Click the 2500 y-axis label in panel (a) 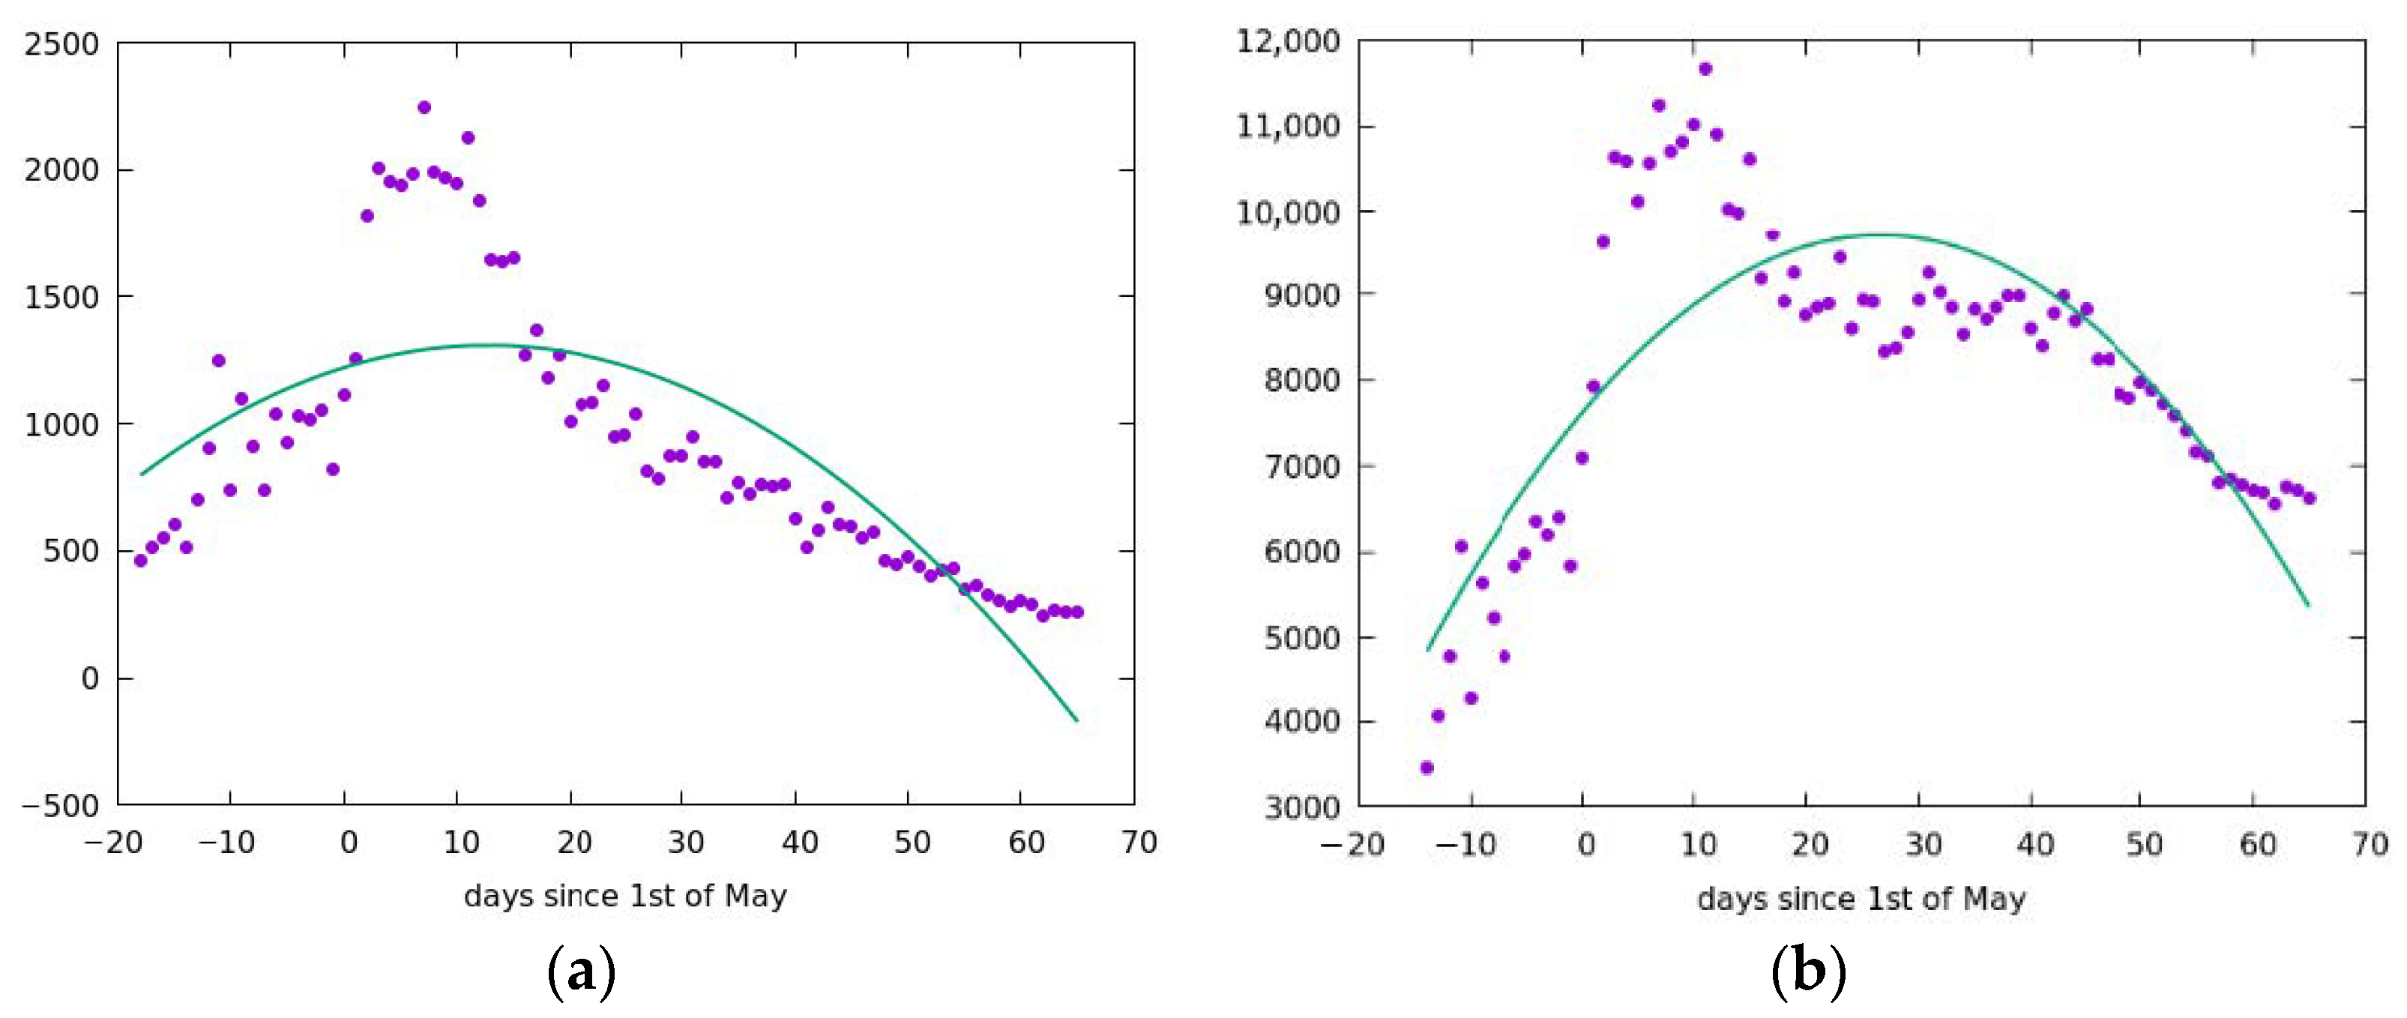coord(61,44)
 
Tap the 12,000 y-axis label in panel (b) coord(1286,41)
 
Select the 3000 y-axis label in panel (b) coord(1301,807)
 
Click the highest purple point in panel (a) coord(424,107)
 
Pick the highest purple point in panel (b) coord(1705,68)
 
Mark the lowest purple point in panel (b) coord(1426,768)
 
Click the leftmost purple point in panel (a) coord(140,561)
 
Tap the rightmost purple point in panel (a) coord(1076,612)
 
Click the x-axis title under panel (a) coord(625,896)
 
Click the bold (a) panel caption coord(580,973)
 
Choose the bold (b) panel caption coord(1808,973)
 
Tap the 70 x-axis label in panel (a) coord(1138,843)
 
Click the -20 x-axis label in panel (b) coord(1351,845)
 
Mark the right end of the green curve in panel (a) coord(1077,720)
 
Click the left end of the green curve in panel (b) coord(1427,651)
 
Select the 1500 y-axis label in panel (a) coord(61,298)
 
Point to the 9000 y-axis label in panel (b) coord(1301,295)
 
